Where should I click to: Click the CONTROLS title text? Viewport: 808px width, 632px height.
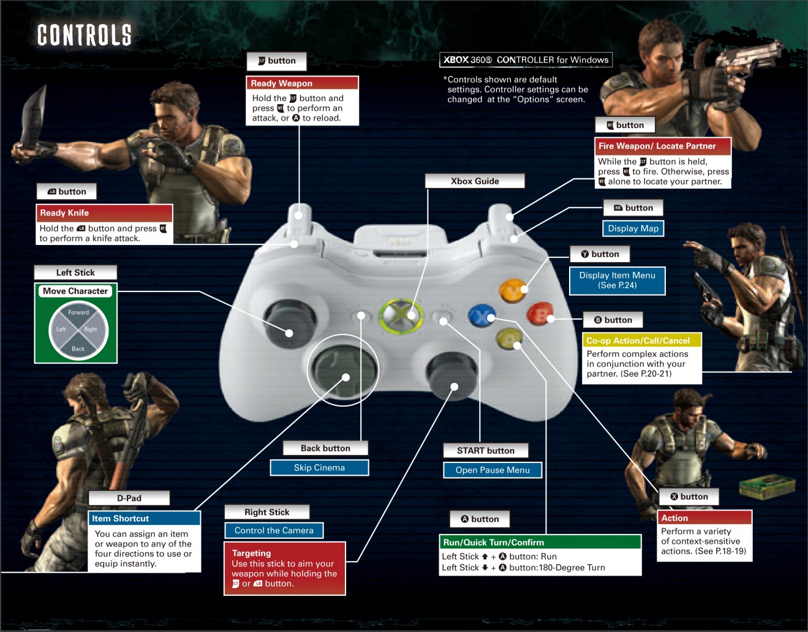[x=85, y=35]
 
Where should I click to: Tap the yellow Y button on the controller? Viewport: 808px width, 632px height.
[x=513, y=291]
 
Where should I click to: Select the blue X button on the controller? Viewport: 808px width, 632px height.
[x=481, y=316]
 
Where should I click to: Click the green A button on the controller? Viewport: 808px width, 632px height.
[x=509, y=339]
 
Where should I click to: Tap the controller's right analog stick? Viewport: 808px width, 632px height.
[x=451, y=375]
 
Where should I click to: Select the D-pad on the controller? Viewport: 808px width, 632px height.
[x=342, y=370]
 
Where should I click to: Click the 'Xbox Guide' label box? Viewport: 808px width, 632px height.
[x=475, y=181]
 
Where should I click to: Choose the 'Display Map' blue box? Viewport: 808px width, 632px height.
[x=633, y=228]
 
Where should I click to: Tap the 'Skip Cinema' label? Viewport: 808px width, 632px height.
[x=319, y=468]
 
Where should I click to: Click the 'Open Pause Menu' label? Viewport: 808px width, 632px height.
[x=493, y=470]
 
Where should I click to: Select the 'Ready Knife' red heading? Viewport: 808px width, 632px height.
[x=104, y=213]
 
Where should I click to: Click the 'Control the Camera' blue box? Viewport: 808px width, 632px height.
[x=274, y=530]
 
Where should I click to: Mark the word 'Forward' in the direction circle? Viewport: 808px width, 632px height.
[x=78, y=312]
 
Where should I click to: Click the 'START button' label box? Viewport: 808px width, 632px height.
[x=485, y=451]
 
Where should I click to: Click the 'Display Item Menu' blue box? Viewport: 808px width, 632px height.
[x=617, y=280]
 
